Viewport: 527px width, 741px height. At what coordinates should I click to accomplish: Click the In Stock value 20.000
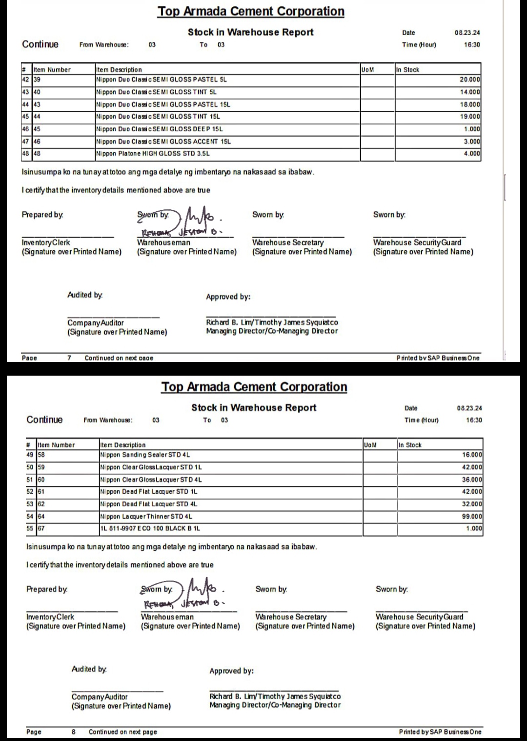470,80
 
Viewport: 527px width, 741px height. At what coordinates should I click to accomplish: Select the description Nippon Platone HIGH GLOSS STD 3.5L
153,154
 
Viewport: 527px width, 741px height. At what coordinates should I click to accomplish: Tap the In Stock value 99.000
472,516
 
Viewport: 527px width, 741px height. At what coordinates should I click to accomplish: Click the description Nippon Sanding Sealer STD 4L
145,455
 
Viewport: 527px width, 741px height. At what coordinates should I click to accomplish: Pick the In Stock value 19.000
470,117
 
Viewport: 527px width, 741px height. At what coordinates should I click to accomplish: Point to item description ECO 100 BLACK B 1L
150,528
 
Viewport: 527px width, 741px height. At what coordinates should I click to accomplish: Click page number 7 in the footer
69,358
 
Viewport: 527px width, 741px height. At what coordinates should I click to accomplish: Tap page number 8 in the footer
74,732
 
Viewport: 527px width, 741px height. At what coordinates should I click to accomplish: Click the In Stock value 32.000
472,504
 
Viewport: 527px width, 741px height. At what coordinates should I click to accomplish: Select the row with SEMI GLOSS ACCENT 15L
163,141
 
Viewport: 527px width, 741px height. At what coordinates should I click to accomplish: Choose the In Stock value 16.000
472,455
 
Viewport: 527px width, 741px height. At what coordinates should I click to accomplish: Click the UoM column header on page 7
367,70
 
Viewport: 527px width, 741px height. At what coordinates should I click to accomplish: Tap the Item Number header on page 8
57,445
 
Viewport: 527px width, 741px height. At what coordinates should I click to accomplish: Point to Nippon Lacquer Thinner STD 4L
146,516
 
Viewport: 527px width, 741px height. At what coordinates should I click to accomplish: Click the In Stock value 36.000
472,480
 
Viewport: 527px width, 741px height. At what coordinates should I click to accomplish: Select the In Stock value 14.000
470,92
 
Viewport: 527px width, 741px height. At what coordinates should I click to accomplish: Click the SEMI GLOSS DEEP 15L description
159,129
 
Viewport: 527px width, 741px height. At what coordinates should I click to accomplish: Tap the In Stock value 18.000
470,104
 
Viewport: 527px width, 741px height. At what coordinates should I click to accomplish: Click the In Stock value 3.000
471,141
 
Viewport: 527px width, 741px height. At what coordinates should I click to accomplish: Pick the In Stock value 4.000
471,154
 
